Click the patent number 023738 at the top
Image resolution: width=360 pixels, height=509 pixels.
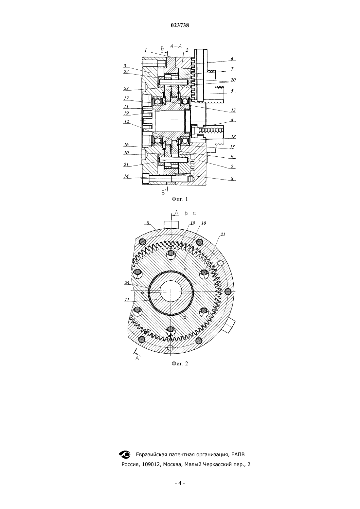tap(180, 26)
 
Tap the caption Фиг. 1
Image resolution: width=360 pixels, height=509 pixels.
tap(180, 199)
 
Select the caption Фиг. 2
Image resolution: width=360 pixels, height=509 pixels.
tap(180, 363)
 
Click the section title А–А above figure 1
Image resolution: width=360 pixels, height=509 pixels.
tap(176, 46)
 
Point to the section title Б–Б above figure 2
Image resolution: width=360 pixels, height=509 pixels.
tap(190, 213)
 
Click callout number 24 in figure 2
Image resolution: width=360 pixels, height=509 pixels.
tap(127, 283)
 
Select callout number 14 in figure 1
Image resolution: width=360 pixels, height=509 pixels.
tap(126, 176)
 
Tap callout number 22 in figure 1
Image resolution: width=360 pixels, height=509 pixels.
tap(126, 72)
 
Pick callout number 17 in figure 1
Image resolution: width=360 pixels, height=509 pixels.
tap(126, 98)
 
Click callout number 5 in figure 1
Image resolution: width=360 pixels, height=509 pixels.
tap(232, 91)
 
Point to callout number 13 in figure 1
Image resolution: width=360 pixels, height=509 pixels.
tap(233, 110)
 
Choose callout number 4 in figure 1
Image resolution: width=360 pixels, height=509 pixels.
tap(232, 120)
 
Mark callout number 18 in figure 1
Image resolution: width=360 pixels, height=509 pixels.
tap(233, 136)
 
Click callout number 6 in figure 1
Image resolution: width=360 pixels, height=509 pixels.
tap(232, 59)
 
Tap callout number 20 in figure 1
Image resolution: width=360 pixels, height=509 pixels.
tap(233, 80)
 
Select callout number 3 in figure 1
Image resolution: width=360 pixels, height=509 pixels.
tap(125, 66)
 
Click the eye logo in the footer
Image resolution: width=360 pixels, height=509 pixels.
tap(125, 454)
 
